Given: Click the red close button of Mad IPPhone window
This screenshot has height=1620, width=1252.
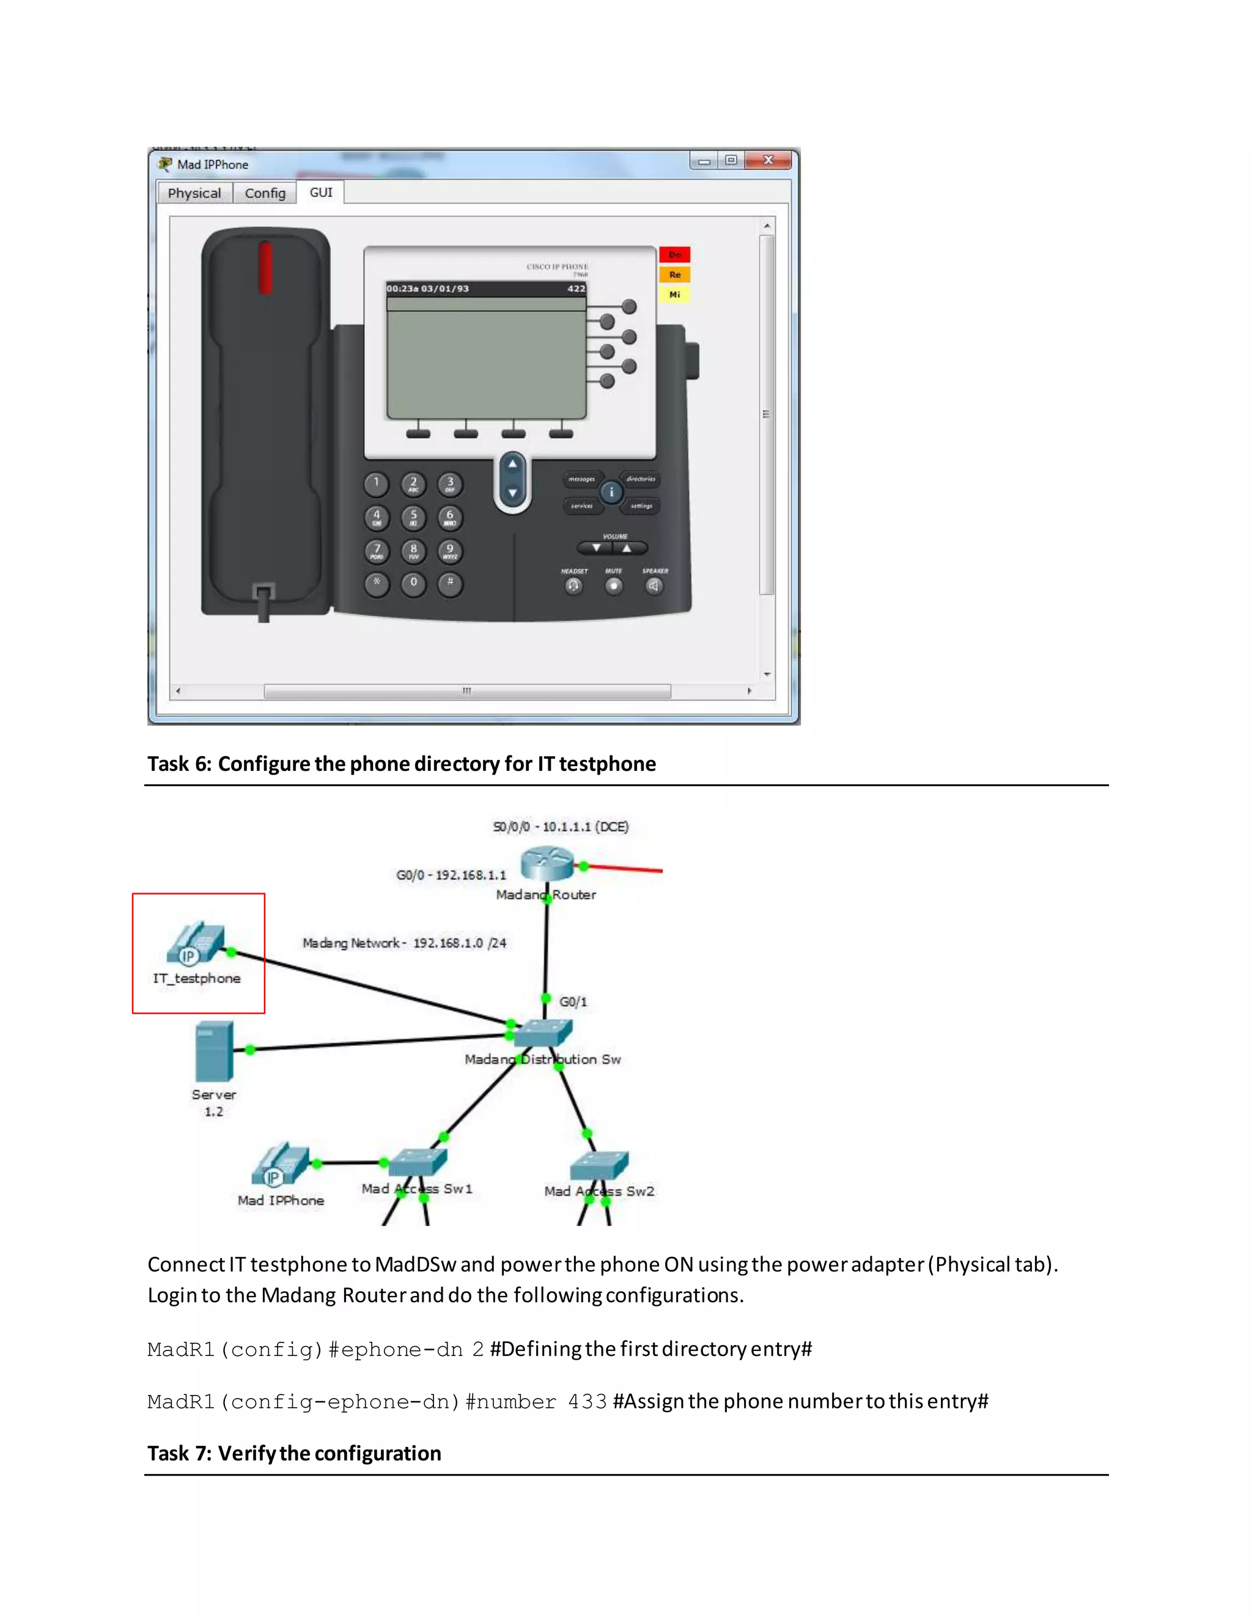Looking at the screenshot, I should [768, 160].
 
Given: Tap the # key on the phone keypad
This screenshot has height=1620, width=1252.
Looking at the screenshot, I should [449, 583].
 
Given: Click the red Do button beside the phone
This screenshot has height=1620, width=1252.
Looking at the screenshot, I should [674, 254].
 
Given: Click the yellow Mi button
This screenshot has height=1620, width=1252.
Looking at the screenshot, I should [674, 295].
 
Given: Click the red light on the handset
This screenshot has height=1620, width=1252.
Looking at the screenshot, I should [265, 267].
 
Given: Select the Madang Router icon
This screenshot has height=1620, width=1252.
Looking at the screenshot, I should [547, 864].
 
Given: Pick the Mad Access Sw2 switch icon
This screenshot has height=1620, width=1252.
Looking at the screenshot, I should [599, 1166].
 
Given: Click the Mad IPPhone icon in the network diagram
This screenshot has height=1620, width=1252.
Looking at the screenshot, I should [279, 1165].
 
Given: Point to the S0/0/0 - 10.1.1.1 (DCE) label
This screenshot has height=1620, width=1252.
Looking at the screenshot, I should [561, 827].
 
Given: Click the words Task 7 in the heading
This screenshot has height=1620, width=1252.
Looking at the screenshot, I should [179, 1453].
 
